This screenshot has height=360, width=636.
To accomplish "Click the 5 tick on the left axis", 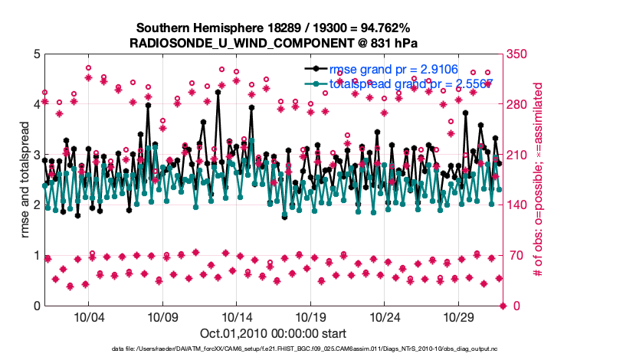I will pyautogui.click(x=36, y=54).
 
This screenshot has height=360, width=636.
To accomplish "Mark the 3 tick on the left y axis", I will pyautogui.click(x=36, y=155).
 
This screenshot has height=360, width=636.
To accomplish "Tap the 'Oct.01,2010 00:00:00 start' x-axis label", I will pyautogui.click(x=273, y=333).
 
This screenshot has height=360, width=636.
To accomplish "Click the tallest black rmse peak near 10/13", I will pyautogui.click(x=218, y=92).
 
